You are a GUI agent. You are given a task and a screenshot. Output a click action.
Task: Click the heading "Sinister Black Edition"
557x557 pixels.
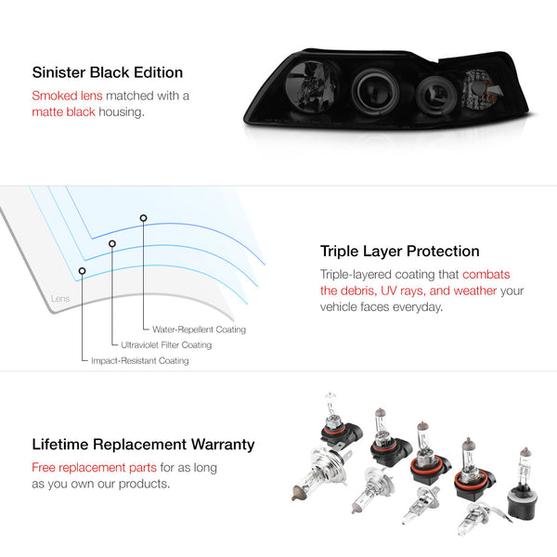coord(108,72)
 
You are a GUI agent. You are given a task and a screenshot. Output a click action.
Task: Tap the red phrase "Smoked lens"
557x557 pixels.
coord(67,96)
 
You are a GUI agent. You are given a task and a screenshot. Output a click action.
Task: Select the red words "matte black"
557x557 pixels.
coord(63,112)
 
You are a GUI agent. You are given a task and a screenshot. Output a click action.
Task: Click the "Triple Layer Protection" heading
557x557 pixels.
coord(399,252)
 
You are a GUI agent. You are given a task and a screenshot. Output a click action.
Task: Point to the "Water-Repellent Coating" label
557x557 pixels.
coord(199,330)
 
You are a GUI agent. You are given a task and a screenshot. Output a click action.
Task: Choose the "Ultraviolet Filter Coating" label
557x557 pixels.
coord(166,345)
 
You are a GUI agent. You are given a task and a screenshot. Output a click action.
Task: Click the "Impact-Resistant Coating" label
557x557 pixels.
coord(140,360)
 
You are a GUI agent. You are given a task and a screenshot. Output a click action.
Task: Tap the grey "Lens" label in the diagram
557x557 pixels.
coord(60,298)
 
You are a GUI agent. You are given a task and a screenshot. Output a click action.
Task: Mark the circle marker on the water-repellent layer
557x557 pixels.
coord(143,218)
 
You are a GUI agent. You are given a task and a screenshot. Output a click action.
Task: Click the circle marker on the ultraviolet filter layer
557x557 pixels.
coord(112,243)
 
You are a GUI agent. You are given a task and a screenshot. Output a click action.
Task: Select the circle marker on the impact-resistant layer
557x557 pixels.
coord(82,271)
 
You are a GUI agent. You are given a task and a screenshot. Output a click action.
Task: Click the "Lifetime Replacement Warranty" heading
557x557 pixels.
coord(143,445)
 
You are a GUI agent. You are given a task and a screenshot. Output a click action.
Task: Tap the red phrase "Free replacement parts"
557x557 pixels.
coord(94,468)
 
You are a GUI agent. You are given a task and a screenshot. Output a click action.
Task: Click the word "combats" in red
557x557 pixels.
coord(486,275)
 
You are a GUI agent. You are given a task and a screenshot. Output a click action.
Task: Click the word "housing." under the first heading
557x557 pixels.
coord(122,112)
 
